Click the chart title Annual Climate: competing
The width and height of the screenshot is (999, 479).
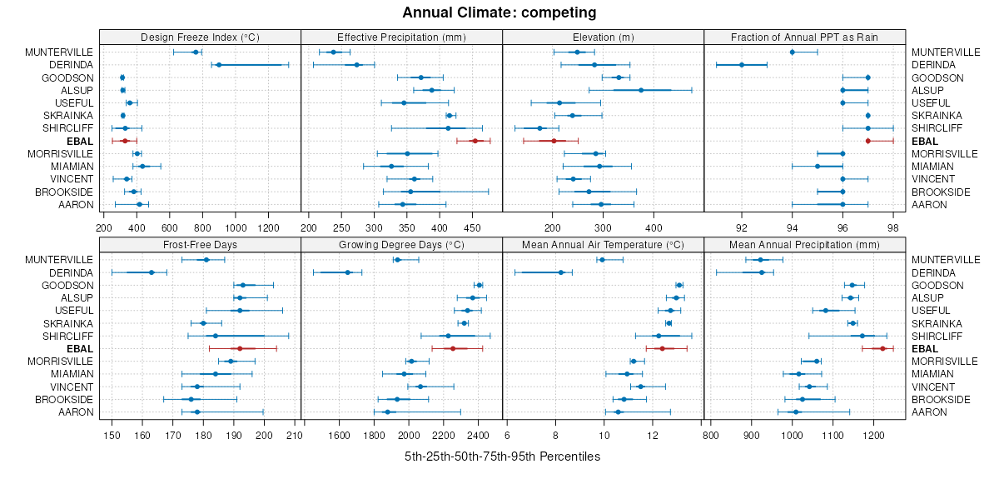(x=499, y=12)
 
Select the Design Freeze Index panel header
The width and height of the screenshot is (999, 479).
(x=200, y=37)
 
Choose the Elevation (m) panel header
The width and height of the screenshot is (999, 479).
(x=604, y=37)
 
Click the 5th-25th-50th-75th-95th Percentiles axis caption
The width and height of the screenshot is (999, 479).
(x=502, y=457)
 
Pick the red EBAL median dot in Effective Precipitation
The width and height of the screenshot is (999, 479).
(x=475, y=141)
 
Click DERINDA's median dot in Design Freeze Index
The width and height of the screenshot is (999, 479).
(x=219, y=65)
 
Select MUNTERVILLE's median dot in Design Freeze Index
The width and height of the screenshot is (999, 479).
(x=196, y=52)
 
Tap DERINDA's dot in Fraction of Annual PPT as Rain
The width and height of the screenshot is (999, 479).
(x=742, y=65)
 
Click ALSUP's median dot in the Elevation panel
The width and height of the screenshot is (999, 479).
(x=641, y=90)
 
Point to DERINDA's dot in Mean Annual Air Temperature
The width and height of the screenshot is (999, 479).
(x=561, y=272)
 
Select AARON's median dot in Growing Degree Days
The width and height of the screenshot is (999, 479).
(x=387, y=412)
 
